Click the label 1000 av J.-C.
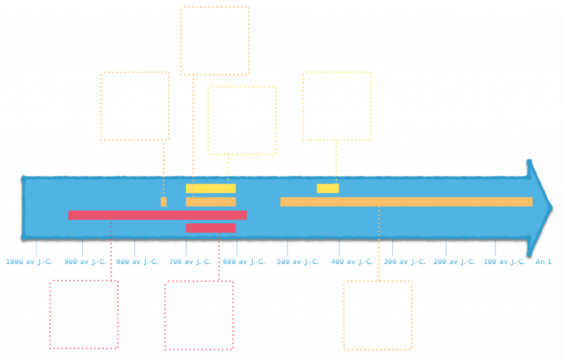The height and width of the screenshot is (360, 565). click(x=29, y=262)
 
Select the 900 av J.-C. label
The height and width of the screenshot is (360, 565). click(x=86, y=262)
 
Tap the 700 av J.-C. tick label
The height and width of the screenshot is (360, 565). click(x=190, y=262)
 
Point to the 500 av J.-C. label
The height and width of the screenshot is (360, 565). click(x=298, y=262)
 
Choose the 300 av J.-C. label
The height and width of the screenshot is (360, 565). click(x=404, y=262)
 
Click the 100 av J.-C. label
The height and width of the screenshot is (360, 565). click(x=504, y=262)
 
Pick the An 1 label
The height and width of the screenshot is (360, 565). click(x=543, y=262)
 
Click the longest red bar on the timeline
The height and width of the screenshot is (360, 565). click(x=157, y=215)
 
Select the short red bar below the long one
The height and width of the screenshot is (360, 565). click(x=211, y=228)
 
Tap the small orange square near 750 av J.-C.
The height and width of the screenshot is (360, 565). click(x=163, y=202)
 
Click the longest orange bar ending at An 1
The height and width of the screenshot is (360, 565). click(x=407, y=202)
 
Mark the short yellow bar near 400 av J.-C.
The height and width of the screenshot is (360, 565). click(x=328, y=189)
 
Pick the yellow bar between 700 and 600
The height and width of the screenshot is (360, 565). click(x=211, y=189)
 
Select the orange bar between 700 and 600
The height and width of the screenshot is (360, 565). click(x=211, y=202)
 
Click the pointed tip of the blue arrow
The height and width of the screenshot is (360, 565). click(x=552, y=208)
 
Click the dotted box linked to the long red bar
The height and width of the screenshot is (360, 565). click(x=50, y=315)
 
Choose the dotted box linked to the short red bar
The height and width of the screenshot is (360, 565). click(x=165, y=315)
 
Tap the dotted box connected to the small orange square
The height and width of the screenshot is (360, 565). click(x=101, y=106)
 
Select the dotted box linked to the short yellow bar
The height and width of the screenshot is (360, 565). click(x=303, y=106)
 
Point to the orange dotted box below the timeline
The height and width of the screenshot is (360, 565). click(x=344, y=315)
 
